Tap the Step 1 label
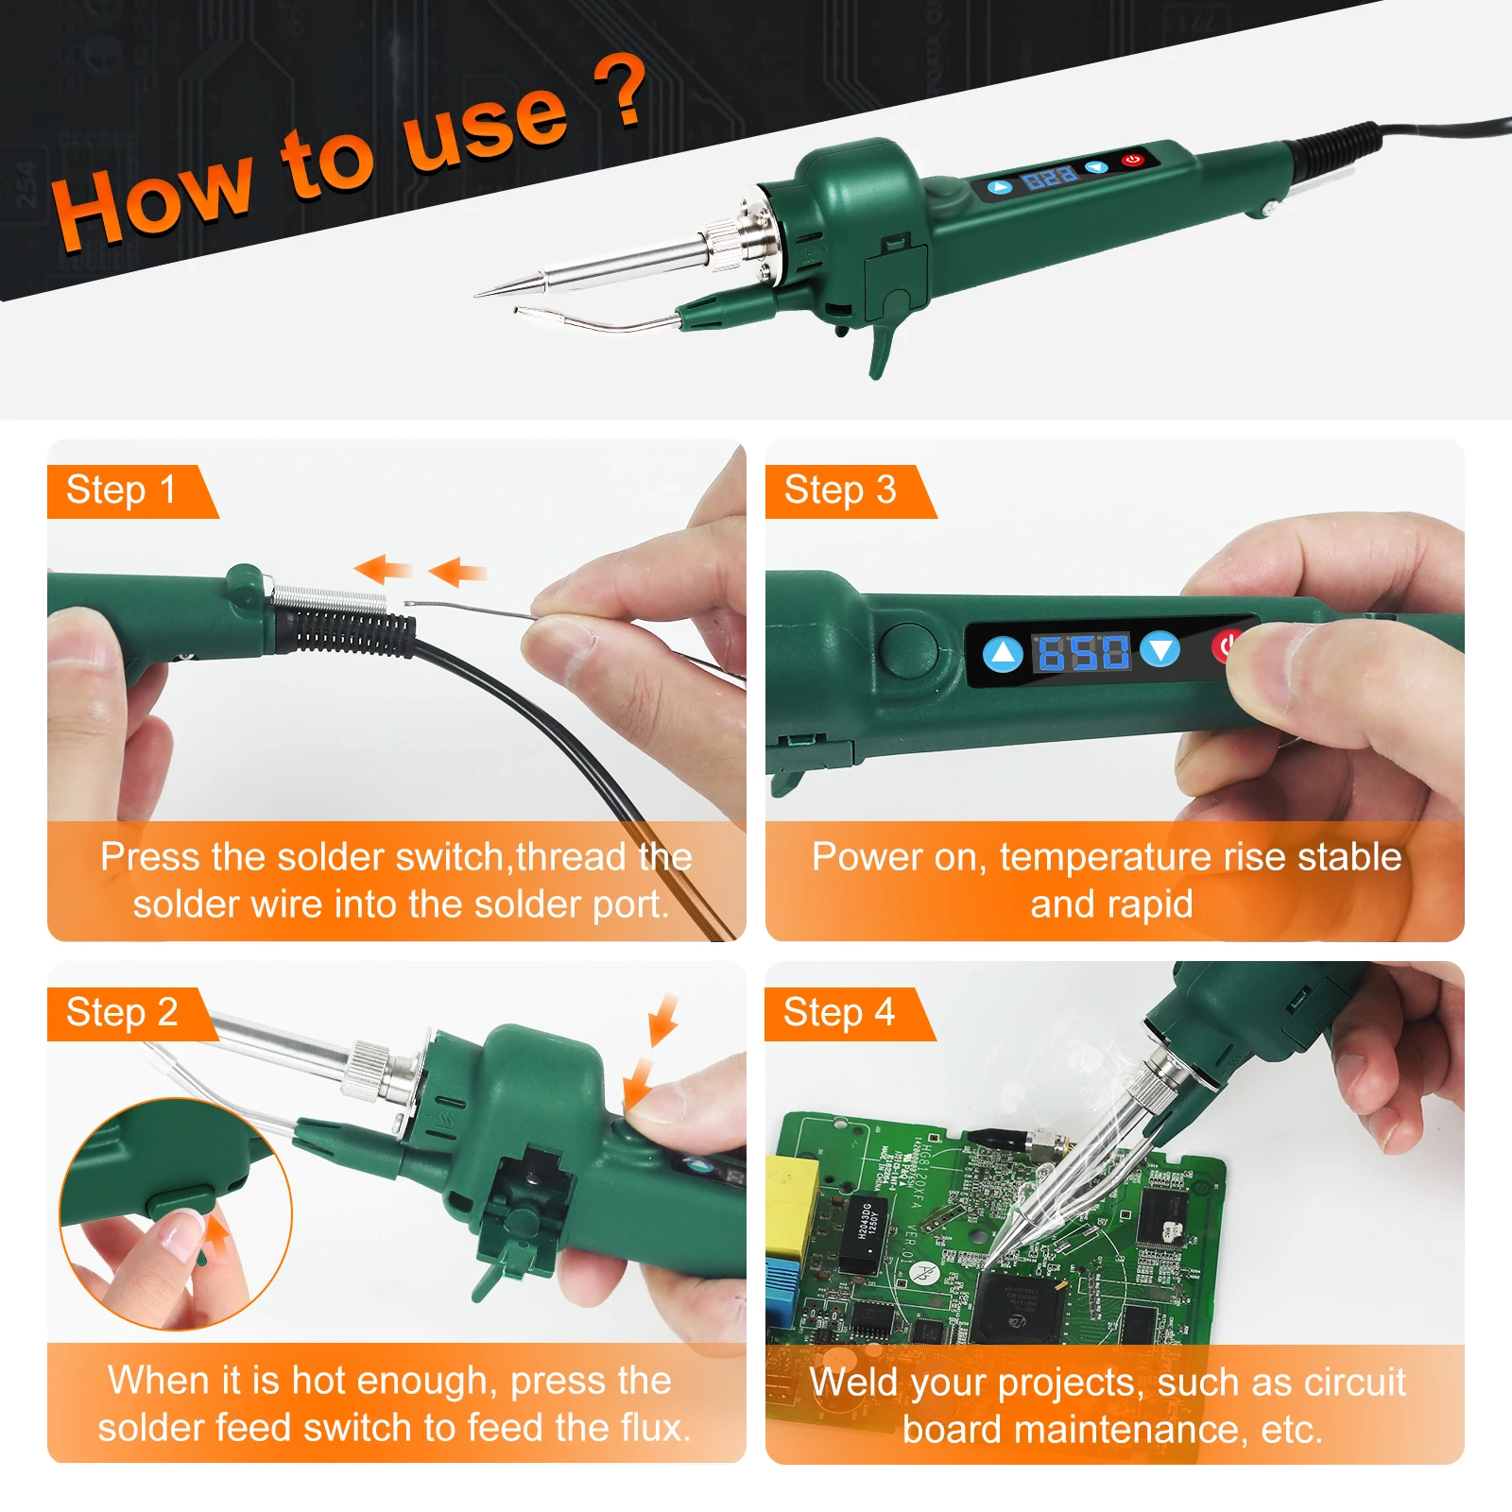coord(121,490)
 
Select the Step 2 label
coord(122,1013)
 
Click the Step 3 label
coord(840,490)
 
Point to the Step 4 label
coord(839,1013)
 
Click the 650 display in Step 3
coord(1083,652)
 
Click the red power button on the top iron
coord(1133,160)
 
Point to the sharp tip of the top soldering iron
coord(476,295)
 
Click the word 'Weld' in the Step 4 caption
coord(852,1383)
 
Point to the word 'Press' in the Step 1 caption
coord(151,857)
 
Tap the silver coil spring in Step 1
coord(329,598)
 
